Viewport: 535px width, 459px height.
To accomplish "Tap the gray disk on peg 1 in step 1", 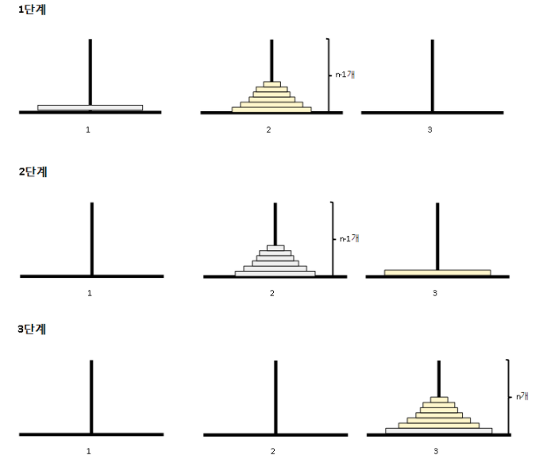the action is [x=90, y=107].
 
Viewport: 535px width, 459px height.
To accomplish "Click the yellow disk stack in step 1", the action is [x=271, y=97].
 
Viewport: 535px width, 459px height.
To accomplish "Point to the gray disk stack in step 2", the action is [x=275, y=261].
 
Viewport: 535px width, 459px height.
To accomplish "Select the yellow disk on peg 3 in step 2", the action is [x=437, y=272].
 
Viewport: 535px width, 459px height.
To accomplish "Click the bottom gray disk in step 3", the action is [x=438, y=431].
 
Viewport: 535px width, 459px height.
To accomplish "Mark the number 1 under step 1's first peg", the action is [x=89, y=129].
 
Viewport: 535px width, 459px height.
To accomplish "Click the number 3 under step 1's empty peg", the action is [x=429, y=129].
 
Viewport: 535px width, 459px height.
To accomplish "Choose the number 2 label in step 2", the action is [x=271, y=293].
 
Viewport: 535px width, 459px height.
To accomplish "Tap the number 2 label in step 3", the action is [x=272, y=450].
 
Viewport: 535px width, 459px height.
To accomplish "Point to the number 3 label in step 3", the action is [x=435, y=450].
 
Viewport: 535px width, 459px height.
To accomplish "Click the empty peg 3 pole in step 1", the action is [x=432, y=75].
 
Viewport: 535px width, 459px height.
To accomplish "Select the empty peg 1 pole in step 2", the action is [x=92, y=238].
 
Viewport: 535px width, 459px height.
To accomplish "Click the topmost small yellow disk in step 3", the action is [x=438, y=399].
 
